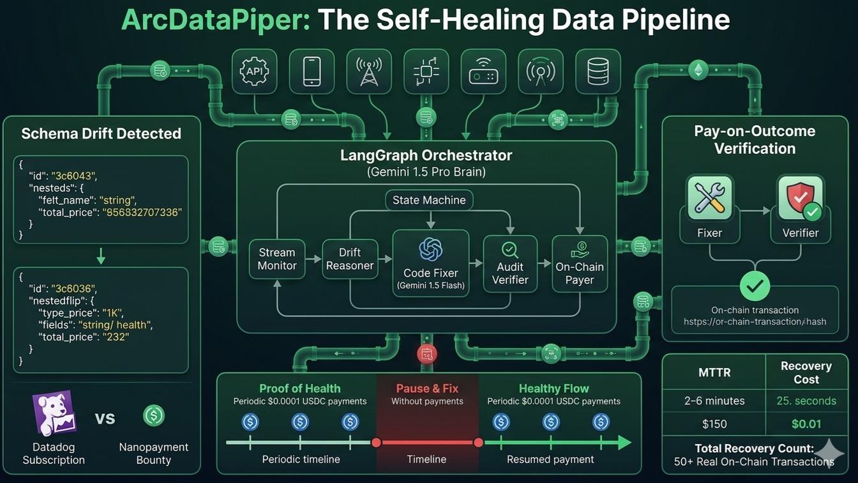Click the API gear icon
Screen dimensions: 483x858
click(x=254, y=72)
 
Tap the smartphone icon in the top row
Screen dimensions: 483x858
click(x=312, y=72)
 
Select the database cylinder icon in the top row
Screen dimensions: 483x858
click(x=598, y=72)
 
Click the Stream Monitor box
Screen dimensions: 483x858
click(x=277, y=259)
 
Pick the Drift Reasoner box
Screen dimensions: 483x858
click(x=349, y=259)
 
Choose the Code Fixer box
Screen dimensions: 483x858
click(x=430, y=263)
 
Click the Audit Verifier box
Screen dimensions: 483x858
click(x=510, y=264)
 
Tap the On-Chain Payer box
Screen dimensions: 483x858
click(x=579, y=264)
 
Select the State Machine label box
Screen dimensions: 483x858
click(x=429, y=200)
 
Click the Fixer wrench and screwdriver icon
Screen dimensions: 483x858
click(x=709, y=198)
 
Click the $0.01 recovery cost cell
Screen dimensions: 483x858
click(x=806, y=424)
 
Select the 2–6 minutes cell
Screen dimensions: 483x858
click(x=714, y=401)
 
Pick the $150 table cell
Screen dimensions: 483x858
click(x=714, y=424)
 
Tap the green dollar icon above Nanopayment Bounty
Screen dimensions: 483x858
click(x=153, y=416)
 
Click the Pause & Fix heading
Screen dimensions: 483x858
click(x=427, y=388)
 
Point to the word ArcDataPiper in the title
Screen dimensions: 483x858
click(x=215, y=20)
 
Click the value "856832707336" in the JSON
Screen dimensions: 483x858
click(x=142, y=212)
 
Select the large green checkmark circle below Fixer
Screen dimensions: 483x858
click(x=755, y=287)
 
